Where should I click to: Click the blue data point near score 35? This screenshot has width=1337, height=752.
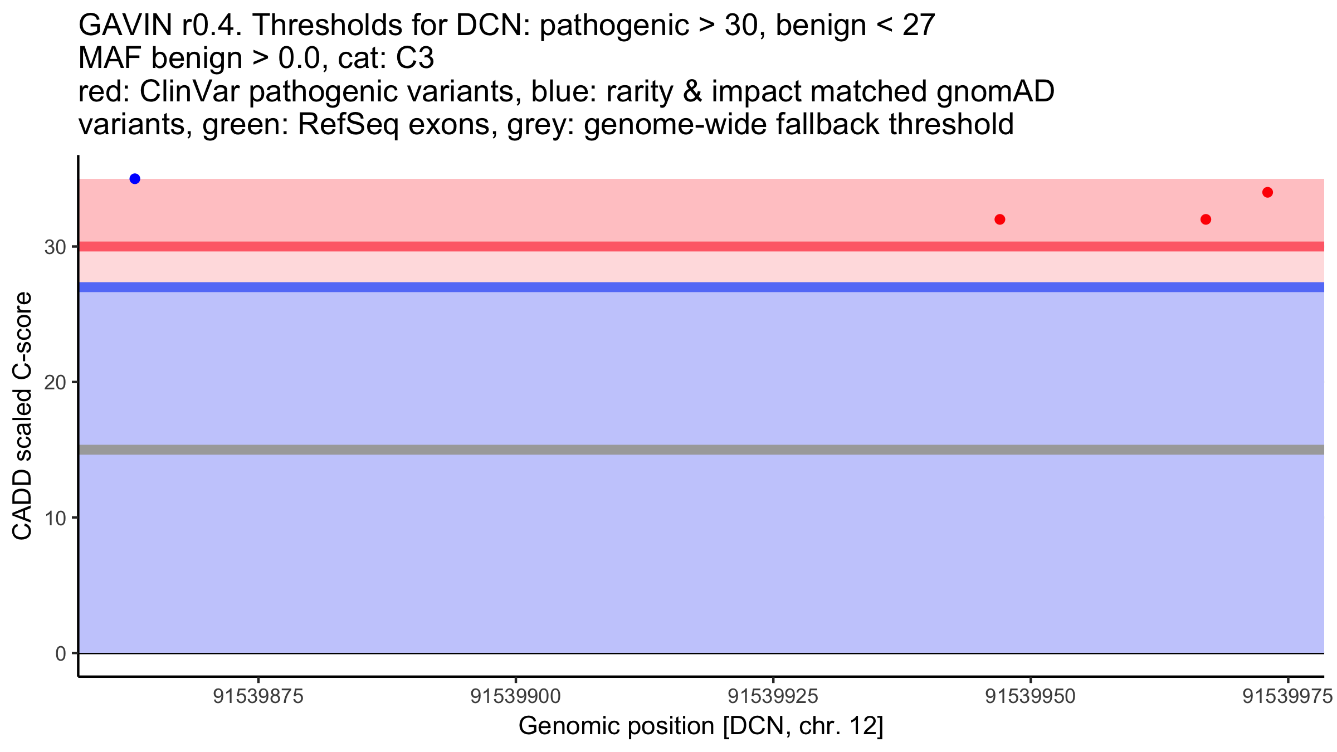pos(135,179)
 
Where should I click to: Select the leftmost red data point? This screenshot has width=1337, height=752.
pos(1000,219)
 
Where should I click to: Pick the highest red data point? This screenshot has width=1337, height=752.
pos(1267,193)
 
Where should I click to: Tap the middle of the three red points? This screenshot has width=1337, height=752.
pos(1206,219)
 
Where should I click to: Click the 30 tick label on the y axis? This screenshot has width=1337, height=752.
pos(55,247)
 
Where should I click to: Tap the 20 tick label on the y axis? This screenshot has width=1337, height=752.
pos(55,382)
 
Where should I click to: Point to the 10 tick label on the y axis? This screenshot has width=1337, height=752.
pos(55,518)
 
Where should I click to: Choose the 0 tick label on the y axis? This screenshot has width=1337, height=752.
pos(61,653)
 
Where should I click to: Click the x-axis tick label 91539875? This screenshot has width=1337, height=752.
pos(258,696)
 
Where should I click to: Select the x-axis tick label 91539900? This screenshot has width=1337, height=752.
pos(516,696)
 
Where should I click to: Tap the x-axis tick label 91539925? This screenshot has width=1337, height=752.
pos(773,696)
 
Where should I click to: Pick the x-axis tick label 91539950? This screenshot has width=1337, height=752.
pos(1030,696)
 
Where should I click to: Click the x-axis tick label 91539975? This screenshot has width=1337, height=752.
pos(1287,696)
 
